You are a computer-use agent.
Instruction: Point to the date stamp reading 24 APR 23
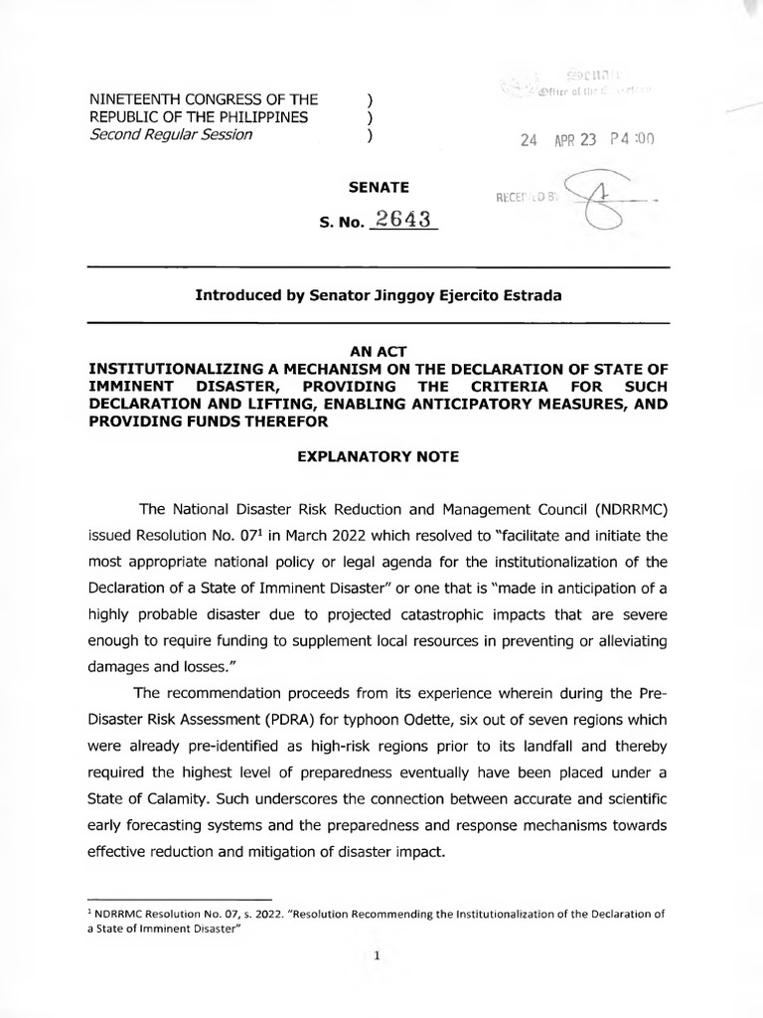click(557, 140)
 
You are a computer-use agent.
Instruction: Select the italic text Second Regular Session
click(171, 135)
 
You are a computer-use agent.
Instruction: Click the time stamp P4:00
click(631, 140)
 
